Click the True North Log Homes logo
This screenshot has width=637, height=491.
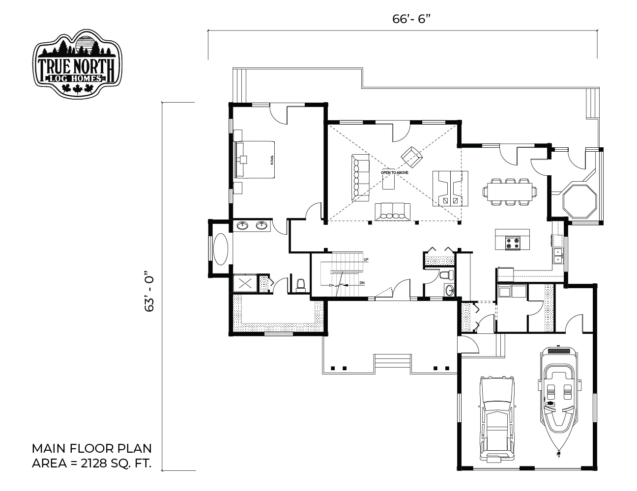(x=77, y=63)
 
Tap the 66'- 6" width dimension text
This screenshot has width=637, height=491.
(x=411, y=19)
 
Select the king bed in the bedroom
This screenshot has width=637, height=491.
(x=255, y=160)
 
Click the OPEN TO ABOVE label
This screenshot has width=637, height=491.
(x=394, y=173)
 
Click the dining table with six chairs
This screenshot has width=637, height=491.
(x=510, y=192)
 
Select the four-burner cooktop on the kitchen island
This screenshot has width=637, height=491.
(x=513, y=243)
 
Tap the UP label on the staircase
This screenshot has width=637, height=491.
(x=366, y=260)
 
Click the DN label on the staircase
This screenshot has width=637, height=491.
(x=362, y=283)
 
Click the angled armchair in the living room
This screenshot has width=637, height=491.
(x=412, y=157)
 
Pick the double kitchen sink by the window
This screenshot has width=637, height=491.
(x=558, y=256)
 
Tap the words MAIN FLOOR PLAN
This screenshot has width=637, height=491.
(x=92, y=449)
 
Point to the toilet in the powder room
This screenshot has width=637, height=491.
(x=447, y=275)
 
